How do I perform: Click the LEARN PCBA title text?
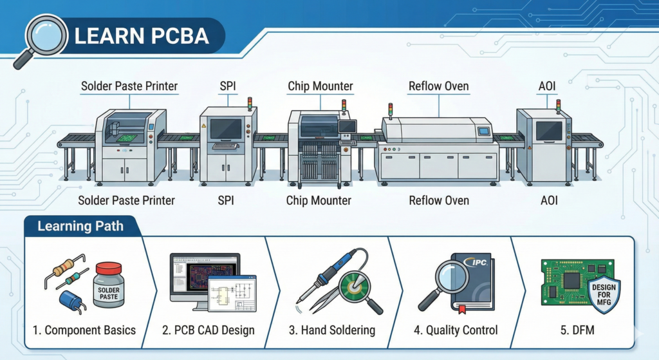[x=142, y=36]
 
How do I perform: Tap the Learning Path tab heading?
[x=80, y=226]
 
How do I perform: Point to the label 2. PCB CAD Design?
[x=208, y=330]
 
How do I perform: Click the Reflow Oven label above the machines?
[x=439, y=86]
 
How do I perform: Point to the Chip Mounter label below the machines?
[x=319, y=200]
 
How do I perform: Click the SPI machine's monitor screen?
[x=226, y=129]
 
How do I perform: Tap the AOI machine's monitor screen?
[x=549, y=131]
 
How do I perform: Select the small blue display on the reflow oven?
[x=483, y=131]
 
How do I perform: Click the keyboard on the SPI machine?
[x=226, y=146]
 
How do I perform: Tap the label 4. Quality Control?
[x=456, y=330]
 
